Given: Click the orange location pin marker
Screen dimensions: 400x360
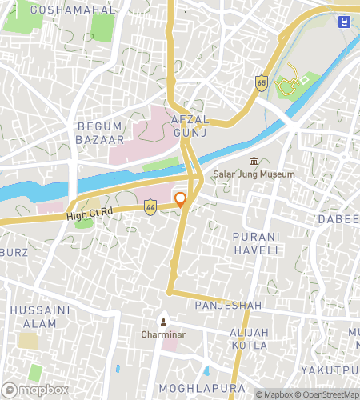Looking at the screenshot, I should coord(181,199).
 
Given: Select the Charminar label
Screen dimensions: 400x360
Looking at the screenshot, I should coord(164,334).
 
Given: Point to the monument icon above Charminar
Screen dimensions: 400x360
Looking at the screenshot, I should coord(164,322).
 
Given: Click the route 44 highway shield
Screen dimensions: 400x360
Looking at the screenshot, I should coord(150,207).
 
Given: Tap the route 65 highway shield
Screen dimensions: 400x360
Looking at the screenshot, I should coord(262,82).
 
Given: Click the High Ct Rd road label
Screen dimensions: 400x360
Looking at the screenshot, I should coord(90,214).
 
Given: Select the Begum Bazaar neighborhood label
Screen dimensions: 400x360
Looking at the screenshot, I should coord(100,133).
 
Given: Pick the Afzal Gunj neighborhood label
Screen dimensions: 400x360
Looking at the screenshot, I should coord(189,126).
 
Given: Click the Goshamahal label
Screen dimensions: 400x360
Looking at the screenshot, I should coord(72,10).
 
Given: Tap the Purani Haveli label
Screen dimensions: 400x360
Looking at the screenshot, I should coord(255,243).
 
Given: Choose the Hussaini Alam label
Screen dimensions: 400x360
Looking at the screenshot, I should coord(33,316).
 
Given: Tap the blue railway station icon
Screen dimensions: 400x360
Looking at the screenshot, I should coord(344,22).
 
